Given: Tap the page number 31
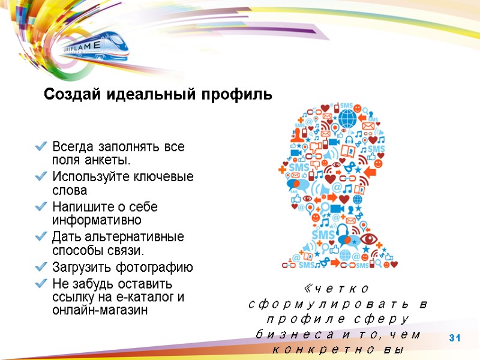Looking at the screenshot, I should click(x=454, y=340).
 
